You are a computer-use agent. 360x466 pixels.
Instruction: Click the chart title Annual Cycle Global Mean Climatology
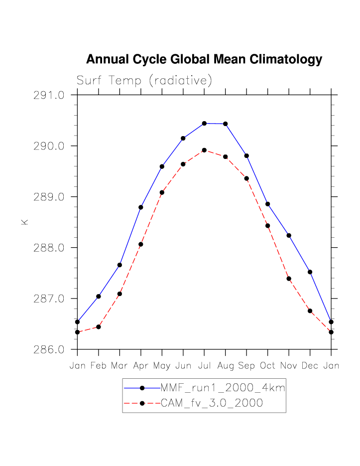point(204,60)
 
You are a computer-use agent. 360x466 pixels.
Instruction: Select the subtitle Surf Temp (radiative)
point(144,80)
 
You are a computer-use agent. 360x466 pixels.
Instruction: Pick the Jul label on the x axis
point(204,366)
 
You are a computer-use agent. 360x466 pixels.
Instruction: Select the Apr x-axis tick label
point(141,366)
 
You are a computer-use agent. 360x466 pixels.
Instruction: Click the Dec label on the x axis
point(310,366)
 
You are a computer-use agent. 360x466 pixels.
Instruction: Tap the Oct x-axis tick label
point(267,366)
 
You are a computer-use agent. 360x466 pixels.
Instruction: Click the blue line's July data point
point(204,123)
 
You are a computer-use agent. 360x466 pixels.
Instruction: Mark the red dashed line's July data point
point(204,150)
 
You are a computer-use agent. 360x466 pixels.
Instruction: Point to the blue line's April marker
point(141,207)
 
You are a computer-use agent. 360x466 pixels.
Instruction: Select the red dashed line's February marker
point(99,327)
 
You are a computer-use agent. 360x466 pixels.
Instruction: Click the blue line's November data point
point(289,235)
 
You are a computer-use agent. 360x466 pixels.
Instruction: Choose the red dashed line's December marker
point(310,311)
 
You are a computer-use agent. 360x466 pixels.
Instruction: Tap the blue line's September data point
point(246,156)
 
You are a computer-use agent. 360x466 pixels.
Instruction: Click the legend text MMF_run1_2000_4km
point(223,388)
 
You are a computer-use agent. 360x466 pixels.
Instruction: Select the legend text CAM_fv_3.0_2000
point(212,404)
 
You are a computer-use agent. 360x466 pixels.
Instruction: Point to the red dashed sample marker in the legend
point(142,404)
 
